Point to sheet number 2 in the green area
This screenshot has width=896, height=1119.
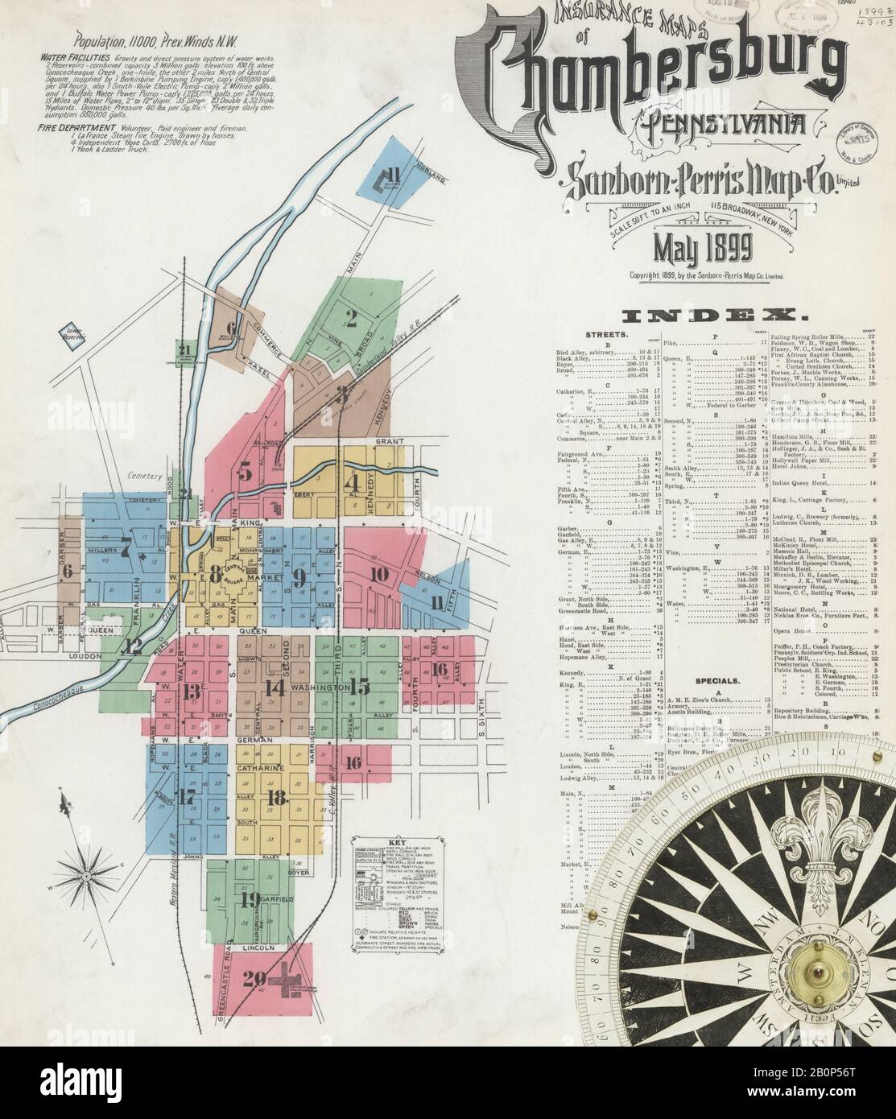351,316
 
